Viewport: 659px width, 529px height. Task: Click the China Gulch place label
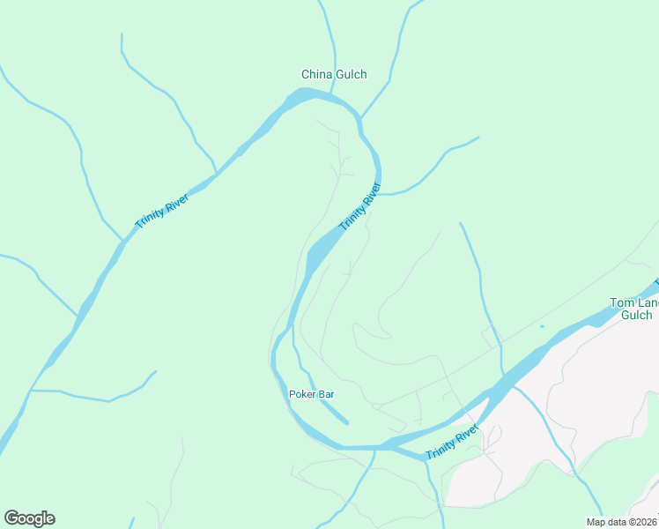[334, 75]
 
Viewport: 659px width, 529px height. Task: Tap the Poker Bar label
[311, 394]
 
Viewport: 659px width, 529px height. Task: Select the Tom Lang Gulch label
[633, 309]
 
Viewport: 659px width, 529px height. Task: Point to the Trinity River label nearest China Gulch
[359, 206]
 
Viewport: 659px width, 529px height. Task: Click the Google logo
[29, 518]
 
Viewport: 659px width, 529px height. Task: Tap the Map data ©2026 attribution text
[620, 522]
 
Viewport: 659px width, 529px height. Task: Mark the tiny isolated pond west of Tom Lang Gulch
[542, 326]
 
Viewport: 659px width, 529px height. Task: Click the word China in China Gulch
[316, 75]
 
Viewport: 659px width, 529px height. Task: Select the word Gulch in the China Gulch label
[351, 75]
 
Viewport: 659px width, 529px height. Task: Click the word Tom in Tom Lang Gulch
[621, 302]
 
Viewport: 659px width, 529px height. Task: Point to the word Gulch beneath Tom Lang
[636, 315]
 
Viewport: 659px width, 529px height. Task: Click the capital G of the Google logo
[11, 518]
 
